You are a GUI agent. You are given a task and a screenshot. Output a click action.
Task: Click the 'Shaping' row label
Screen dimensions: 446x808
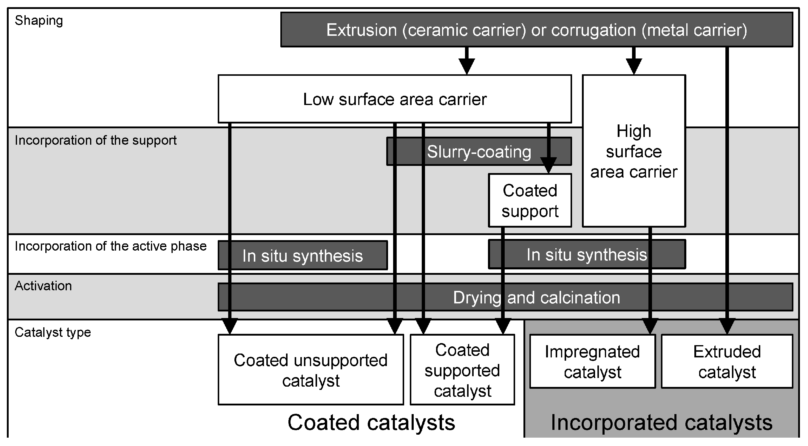(38, 21)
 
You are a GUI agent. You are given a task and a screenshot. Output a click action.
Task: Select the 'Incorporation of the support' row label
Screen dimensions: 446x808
(95, 140)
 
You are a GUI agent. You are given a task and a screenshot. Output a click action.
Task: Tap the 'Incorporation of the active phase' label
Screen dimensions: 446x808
(110, 246)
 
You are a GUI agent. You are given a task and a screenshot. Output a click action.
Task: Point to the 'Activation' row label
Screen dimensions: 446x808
(43, 286)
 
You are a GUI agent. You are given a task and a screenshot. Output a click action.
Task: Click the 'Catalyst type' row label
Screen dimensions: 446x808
(53, 332)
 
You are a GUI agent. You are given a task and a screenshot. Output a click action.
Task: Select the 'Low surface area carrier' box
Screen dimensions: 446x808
(394, 99)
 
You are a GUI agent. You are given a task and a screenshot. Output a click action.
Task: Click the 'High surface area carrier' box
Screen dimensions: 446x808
(633, 152)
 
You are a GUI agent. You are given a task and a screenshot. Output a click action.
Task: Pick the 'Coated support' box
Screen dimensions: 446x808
(529, 201)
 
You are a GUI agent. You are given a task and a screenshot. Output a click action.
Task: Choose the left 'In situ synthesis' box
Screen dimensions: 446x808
(302, 256)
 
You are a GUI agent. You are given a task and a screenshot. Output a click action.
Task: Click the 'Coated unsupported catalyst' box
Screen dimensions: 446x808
(310, 370)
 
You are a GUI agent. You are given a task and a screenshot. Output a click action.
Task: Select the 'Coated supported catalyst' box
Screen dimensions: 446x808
(462, 370)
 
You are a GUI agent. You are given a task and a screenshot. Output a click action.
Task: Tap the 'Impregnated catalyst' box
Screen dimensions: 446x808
(592, 362)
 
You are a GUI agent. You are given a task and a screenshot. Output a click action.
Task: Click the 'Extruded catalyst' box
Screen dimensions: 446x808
(727, 362)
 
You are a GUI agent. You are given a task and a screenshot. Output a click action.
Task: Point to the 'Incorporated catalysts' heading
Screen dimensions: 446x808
(661, 422)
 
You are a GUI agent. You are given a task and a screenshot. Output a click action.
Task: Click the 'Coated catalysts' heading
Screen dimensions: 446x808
(371, 422)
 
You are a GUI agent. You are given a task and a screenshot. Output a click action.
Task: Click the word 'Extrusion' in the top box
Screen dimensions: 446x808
(361, 30)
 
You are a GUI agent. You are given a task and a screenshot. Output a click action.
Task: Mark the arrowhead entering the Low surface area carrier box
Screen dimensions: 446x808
(466, 67)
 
